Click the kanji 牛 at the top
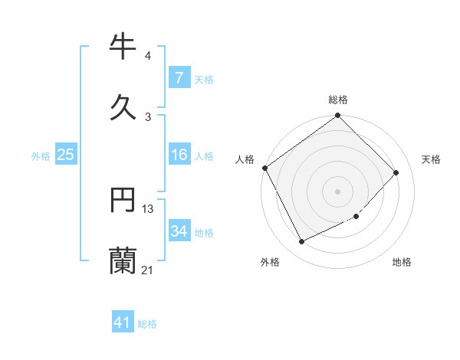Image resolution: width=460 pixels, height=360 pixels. pos(123,47)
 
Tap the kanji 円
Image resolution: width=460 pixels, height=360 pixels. pos(123,201)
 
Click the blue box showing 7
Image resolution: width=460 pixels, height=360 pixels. pos(179,77)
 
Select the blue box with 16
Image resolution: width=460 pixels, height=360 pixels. pos(179,155)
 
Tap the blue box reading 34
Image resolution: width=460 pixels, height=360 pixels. pos(179,231)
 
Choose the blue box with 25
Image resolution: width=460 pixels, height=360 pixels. pos(65,155)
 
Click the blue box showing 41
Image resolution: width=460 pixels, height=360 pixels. pos(123,322)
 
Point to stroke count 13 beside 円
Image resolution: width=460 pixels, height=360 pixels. pos(148,209)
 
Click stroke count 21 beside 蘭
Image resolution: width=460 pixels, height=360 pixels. pos(148,269)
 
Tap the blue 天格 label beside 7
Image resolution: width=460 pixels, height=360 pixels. pos(204,79)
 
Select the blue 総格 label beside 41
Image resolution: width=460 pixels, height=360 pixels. pos(147,324)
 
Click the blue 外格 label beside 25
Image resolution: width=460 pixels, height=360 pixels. pos(41,156)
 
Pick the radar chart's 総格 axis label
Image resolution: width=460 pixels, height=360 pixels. pos(338,100)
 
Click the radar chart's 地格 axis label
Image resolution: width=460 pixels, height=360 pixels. pos(402,263)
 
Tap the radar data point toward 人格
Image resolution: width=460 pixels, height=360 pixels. pos(265,168)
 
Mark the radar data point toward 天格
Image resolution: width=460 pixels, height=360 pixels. pos(396,172)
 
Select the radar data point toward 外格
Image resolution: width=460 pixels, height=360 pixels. pos(302,242)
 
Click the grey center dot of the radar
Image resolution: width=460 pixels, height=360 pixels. pos(338,191)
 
